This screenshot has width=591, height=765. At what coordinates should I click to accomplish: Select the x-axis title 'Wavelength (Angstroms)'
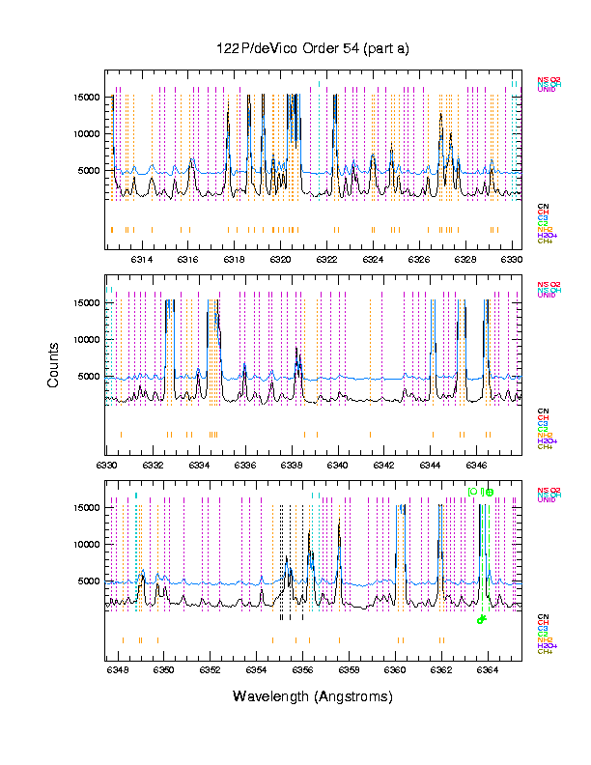point(313,696)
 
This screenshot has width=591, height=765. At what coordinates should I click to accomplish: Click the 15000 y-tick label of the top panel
point(87,97)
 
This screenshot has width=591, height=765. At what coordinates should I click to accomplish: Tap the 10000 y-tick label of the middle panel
point(87,339)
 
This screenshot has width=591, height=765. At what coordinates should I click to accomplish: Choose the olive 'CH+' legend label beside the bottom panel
point(545,652)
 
